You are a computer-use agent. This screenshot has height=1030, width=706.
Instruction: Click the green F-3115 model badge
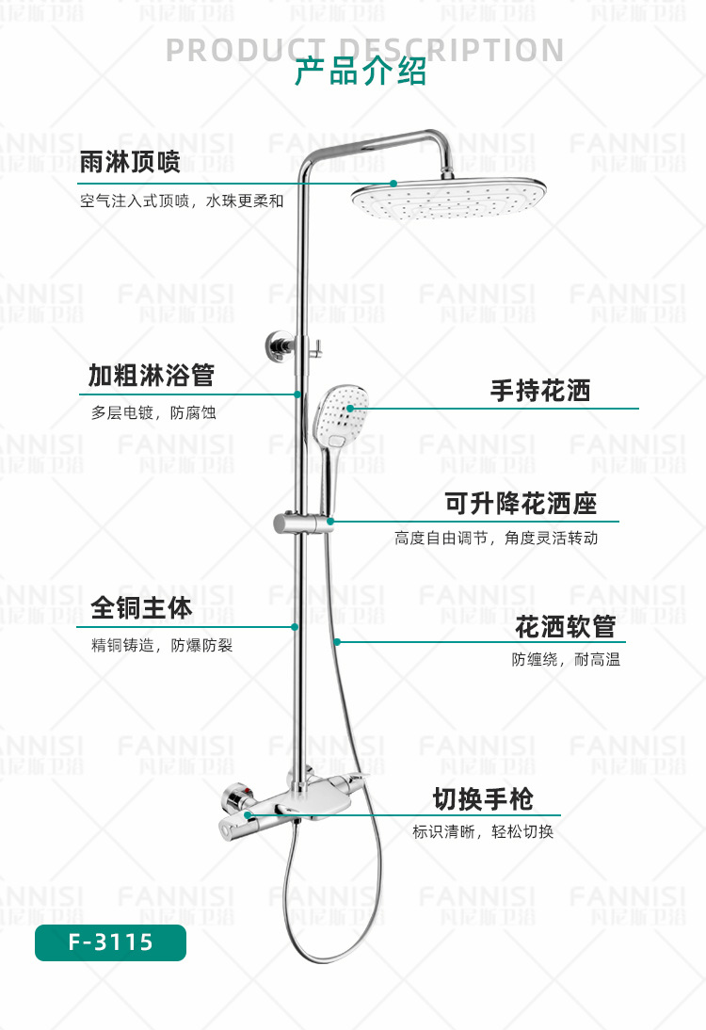[110, 942]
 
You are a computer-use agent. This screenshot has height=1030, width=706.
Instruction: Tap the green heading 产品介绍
[361, 72]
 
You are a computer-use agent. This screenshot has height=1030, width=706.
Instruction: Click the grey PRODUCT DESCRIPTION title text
[364, 50]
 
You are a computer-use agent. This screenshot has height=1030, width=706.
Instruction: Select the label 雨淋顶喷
[129, 162]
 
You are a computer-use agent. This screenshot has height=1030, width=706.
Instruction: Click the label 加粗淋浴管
[151, 375]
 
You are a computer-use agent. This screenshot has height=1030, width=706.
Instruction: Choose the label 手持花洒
[539, 390]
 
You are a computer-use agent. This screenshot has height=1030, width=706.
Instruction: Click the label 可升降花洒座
[521, 503]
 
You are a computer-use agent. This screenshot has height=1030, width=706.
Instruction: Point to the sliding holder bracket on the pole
[303, 523]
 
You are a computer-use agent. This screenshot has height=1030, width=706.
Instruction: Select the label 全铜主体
[141, 607]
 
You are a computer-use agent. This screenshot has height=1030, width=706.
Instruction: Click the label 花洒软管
[565, 627]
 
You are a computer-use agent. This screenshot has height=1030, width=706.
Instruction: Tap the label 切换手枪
[483, 799]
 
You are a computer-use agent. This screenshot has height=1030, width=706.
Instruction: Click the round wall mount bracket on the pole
[281, 345]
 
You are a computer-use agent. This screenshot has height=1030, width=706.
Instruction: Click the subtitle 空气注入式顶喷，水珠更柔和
[182, 201]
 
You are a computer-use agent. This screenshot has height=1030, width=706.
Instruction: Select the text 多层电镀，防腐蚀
[153, 412]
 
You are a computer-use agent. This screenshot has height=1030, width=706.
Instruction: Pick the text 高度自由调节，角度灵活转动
[496, 538]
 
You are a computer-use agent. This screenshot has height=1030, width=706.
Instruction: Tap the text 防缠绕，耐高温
[566, 659]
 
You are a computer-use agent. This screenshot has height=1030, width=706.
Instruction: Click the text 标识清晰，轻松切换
[483, 831]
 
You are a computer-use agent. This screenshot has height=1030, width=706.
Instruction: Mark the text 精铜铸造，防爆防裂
[162, 645]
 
